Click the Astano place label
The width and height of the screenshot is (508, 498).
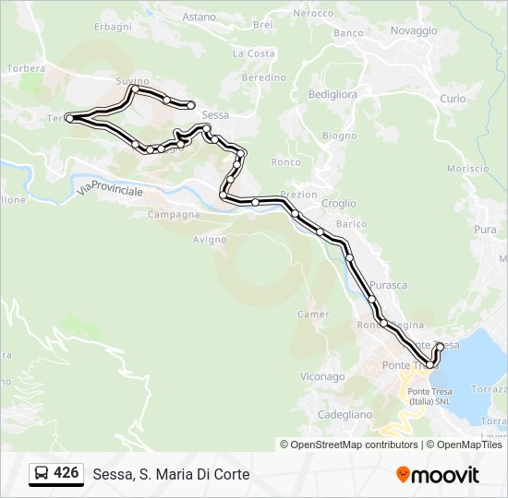click(x=199, y=17)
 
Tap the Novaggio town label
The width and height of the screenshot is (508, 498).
click(x=413, y=30)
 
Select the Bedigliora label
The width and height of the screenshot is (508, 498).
click(x=332, y=94)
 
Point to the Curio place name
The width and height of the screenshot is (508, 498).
click(x=453, y=98)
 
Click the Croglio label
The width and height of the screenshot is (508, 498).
click(x=339, y=203)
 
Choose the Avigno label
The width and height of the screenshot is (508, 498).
click(x=209, y=240)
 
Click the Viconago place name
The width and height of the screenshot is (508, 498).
click(x=322, y=376)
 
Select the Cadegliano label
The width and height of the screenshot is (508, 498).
click(x=345, y=414)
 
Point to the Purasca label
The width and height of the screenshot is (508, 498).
click(x=388, y=285)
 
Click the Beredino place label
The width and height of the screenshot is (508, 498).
click(x=263, y=78)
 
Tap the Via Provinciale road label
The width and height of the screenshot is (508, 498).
click(x=111, y=189)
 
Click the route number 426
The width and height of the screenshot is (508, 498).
click(x=66, y=473)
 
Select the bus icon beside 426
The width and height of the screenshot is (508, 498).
click(x=42, y=474)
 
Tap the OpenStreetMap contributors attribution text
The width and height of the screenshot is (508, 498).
click(x=348, y=445)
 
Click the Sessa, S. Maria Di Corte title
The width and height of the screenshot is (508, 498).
click(x=171, y=474)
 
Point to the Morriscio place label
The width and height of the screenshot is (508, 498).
click(x=467, y=168)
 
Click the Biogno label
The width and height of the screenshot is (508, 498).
click(x=339, y=136)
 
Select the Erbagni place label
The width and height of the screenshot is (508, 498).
click(x=113, y=27)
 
